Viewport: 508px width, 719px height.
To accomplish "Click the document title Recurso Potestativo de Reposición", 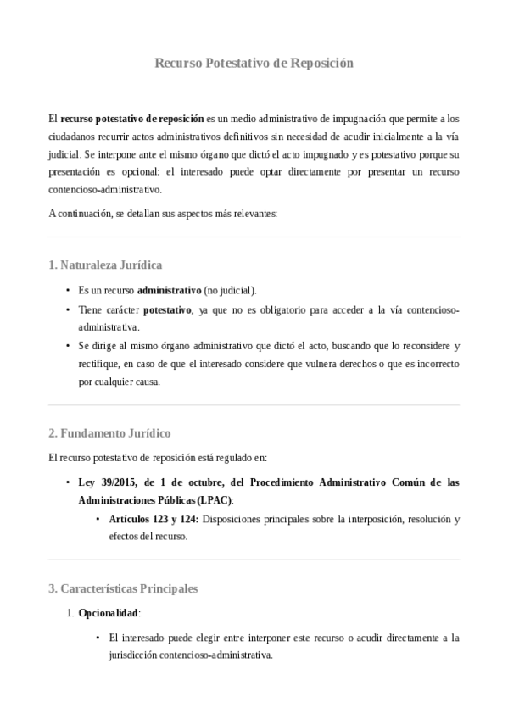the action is coord(254,64).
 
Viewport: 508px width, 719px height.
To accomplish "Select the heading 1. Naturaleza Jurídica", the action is coord(105,265).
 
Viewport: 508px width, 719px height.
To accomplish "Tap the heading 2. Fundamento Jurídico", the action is coord(109,433).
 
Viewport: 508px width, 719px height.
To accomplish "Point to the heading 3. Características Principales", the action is coord(123,588).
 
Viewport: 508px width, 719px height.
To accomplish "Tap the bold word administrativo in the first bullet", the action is coord(169,290).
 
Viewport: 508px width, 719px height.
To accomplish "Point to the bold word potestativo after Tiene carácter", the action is coord(167,309).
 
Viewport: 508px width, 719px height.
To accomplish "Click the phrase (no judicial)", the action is coord(231,290).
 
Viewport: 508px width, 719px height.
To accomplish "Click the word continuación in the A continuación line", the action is coord(83,213).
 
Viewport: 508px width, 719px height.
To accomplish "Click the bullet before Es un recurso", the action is coord(68,290).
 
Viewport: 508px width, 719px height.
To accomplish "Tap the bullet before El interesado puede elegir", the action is coord(98,638).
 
